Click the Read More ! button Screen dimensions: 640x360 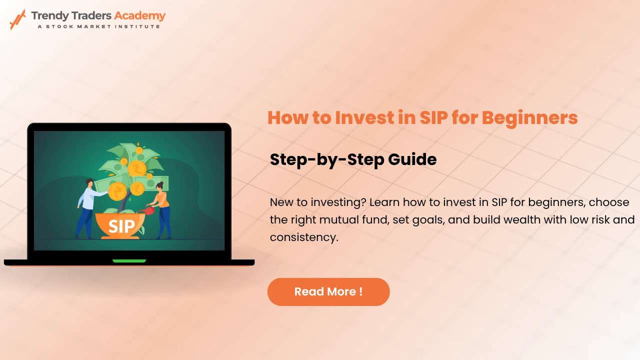[328, 291]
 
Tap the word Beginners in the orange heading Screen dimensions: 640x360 [529, 118]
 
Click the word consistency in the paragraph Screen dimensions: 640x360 [304, 237]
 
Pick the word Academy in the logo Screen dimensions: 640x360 [140, 16]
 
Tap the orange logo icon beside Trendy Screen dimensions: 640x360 [17, 19]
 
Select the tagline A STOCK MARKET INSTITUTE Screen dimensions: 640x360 [99, 26]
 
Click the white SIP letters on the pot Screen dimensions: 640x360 [121, 226]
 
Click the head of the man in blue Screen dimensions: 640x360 [89, 183]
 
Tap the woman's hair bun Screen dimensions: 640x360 [161, 183]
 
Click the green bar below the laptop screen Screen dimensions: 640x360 [129, 261]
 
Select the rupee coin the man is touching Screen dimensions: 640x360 [117, 191]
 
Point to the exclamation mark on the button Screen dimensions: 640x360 [361, 291]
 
